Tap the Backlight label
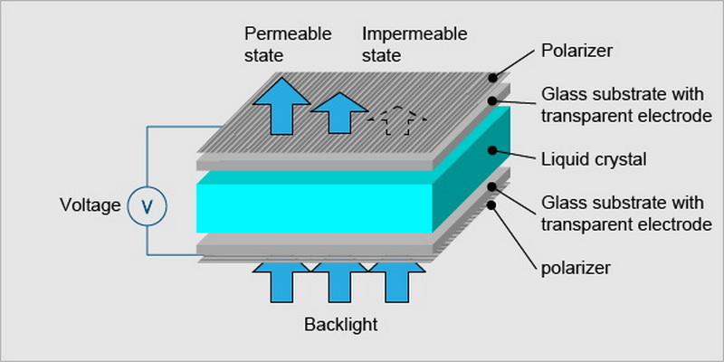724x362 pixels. [340, 324]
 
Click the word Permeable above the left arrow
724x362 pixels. [288, 34]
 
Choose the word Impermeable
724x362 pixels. [414, 34]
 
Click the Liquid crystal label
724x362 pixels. [593, 160]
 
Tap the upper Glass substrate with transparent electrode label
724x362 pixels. [625, 105]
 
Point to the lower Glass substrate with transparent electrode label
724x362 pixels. [625, 214]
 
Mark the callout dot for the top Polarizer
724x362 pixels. [492, 79]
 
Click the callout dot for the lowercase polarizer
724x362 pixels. [492, 205]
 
